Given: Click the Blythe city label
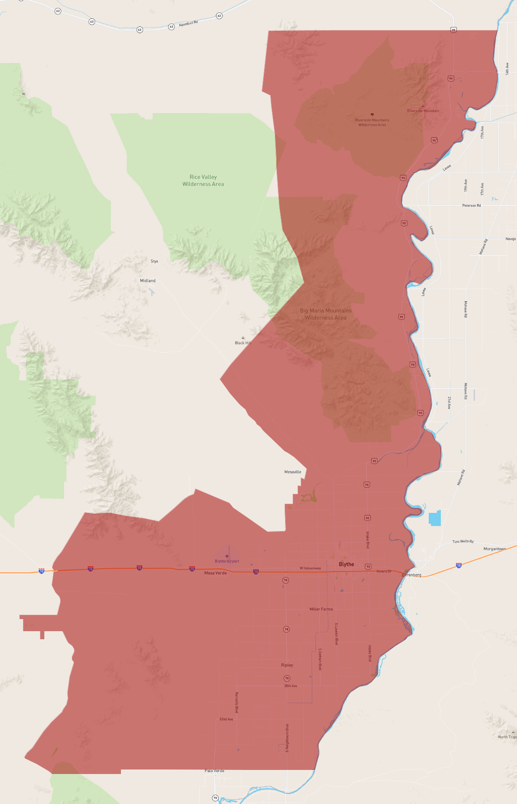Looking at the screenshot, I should pos(346,564).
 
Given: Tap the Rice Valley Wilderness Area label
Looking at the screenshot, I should pos(203,180).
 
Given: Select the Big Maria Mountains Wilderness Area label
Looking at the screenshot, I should pos(326,314).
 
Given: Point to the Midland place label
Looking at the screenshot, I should pos(148,281).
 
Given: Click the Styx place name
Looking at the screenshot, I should pos(155,261).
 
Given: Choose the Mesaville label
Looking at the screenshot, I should pos(293,472).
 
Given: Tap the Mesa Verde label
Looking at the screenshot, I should pos(215,573).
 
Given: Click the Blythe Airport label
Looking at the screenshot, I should pos(227,561).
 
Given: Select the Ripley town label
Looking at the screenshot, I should pos(287,665).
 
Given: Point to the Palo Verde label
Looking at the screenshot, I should pos(215,771).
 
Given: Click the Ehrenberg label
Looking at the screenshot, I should pos(412,575).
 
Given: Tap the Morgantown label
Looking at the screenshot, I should pos(495,549).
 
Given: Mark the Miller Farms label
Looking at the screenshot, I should pos(321,609).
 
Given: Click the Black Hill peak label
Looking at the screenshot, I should pos(242,343).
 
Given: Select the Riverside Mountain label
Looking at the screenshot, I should pos(423,111).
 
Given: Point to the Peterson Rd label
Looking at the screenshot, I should pos(471,205).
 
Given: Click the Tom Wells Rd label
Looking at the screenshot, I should pos(463,542).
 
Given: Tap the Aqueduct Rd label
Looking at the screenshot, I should pos(188,23).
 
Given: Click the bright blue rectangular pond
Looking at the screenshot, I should pos(435,518).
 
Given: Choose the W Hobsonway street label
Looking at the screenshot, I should pos(310,568).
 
